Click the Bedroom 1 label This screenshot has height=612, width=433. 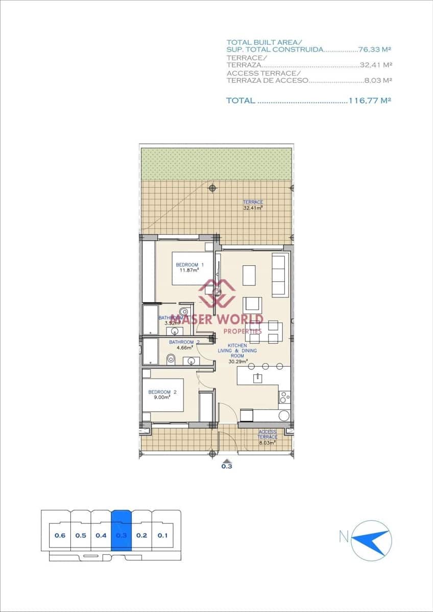tap(189, 265)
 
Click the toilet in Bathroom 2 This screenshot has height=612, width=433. tap(171, 360)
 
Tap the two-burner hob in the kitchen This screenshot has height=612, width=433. tap(284, 396)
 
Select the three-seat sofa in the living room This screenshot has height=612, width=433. tap(279, 275)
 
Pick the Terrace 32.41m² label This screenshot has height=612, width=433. tap(253, 205)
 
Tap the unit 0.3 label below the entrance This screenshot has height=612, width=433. tap(227, 466)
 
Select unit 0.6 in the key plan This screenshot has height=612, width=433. tap(60, 535)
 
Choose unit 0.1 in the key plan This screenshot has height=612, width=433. tap(162, 535)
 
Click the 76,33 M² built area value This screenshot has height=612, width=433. tap(375, 49)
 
